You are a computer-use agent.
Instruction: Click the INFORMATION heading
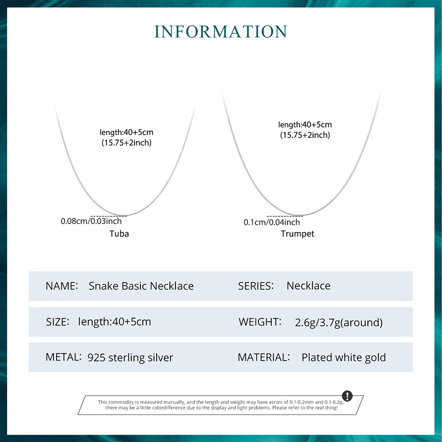click(221, 32)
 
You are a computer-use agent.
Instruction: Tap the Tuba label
click(119, 233)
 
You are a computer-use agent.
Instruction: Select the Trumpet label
click(297, 234)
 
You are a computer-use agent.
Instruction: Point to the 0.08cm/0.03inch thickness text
click(91, 221)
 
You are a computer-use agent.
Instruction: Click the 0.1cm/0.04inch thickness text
click(272, 222)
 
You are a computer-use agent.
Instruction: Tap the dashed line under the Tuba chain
click(109, 215)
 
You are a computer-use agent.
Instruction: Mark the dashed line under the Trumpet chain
click(285, 215)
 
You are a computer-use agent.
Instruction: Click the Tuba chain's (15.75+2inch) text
click(127, 143)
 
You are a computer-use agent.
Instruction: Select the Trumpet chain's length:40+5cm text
click(305, 125)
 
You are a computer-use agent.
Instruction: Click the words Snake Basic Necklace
click(141, 286)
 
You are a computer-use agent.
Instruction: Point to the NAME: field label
click(61, 286)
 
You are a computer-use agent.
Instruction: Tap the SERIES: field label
click(256, 285)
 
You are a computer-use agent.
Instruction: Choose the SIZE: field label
click(58, 321)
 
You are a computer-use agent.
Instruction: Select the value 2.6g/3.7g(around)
click(338, 322)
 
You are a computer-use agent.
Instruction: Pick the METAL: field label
click(64, 357)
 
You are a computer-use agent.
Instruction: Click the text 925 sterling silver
click(130, 357)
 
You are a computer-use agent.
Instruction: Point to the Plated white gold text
click(343, 357)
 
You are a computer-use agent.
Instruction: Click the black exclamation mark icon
click(347, 396)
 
